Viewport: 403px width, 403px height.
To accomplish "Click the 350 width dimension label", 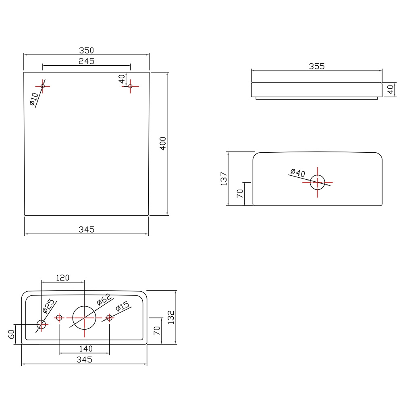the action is point(86,50).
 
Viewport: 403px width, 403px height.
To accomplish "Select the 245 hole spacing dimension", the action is point(86,61).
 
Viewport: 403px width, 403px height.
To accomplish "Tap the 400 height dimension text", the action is point(163,144).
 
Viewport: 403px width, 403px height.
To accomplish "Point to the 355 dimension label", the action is point(317,66).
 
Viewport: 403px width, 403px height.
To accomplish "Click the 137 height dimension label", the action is point(224,179).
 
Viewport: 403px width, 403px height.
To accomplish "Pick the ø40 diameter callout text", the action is point(298,173).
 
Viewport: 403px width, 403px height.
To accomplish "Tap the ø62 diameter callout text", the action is point(104,299).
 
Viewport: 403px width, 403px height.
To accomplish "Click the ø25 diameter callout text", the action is point(49,306).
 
